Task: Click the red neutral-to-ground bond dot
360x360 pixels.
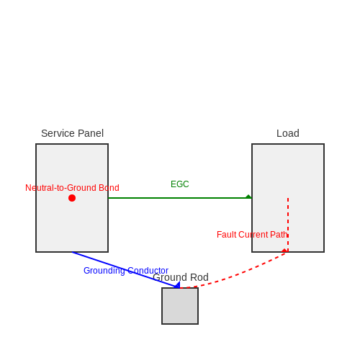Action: pos(72,198)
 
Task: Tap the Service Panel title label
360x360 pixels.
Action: pos(72,133)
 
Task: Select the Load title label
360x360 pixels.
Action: pos(288,133)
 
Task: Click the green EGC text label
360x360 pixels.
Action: pos(180,184)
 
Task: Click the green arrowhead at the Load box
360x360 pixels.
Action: pos(248,197)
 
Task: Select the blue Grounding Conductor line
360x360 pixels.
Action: pos(126,270)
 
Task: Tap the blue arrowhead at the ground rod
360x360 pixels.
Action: pos(177,285)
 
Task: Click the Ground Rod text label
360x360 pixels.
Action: pos(181,277)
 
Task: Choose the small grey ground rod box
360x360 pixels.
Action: pos(180,306)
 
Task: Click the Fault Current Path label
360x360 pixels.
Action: pos(252,235)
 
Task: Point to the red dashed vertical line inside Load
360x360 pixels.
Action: pos(288,225)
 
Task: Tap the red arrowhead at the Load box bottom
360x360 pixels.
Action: pos(284,251)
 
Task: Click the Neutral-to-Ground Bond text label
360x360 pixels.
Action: pos(72,188)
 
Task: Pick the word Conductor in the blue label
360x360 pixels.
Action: pos(148,271)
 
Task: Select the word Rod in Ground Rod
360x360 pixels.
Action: pos(199,277)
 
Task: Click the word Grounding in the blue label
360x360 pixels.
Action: pos(104,271)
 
